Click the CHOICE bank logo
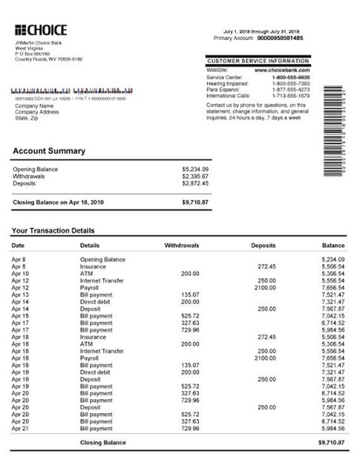[x=40, y=30]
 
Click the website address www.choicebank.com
[x=282, y=70]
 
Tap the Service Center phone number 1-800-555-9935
[x=291, y=77]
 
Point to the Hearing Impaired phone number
[x=291, y=83]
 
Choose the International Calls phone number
[x=291, y=95]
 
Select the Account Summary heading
[x=49, y=151]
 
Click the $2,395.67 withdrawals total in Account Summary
[x=195, y=176]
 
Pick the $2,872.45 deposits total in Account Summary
[x=195, y=183]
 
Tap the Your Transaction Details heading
[x=53, y=231]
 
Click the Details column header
[x=90, y=245]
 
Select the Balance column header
[x=333, y=245]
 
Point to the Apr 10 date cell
[x=20, y=273]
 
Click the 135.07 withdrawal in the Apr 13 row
[x=190, y=295]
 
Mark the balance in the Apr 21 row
[x=333, y=428]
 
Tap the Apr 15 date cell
[x=20, y=315]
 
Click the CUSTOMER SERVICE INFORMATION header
[x=258, y=61]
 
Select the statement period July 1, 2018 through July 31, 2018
[x=261, y=32]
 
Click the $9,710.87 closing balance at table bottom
[x=332, y=443]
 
